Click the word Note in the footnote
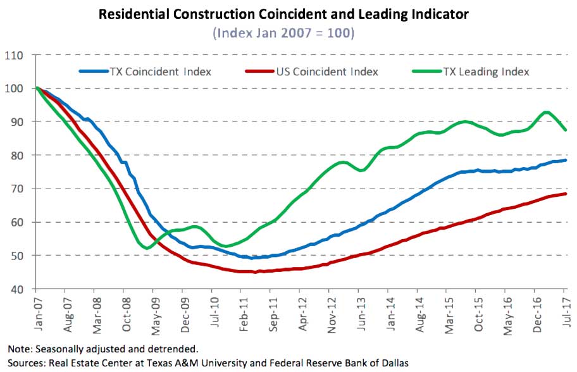coord(19,349)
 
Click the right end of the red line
coord(565,194)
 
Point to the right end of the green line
coord(565,130)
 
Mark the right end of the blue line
coord(565,160)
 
